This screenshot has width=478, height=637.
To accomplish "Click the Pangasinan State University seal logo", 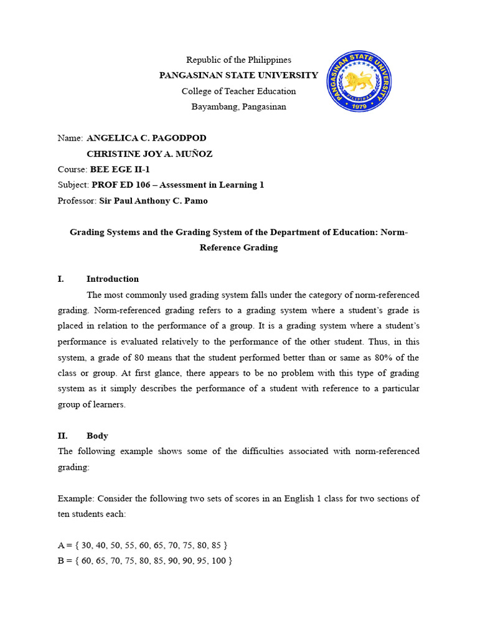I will pos(359,83).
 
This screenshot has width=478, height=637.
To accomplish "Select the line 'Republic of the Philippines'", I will pos(239,60).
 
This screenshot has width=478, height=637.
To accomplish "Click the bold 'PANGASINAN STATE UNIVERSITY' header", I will pos(239,75).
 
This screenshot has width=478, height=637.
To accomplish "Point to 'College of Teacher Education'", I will pos(239,91).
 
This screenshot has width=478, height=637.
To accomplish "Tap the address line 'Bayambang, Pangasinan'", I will pos(239,106).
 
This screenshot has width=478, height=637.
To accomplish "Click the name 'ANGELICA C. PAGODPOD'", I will pos(146,138).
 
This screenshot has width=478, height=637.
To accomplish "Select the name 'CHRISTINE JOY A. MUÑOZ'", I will pos(149,154).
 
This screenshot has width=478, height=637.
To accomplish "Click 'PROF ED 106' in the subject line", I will pos(116,185).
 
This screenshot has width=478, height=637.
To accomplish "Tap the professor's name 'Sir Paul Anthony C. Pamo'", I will pos(154,201).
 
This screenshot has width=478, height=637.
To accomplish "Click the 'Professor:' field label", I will pos(77,201).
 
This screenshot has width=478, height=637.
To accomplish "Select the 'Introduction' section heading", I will pos(113,279).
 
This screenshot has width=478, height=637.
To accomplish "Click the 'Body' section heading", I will pos(97,436).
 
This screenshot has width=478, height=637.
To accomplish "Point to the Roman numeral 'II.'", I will pos(63,436).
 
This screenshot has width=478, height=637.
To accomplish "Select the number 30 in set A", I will pos(86,546).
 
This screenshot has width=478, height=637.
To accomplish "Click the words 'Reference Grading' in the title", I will pos(239,248).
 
